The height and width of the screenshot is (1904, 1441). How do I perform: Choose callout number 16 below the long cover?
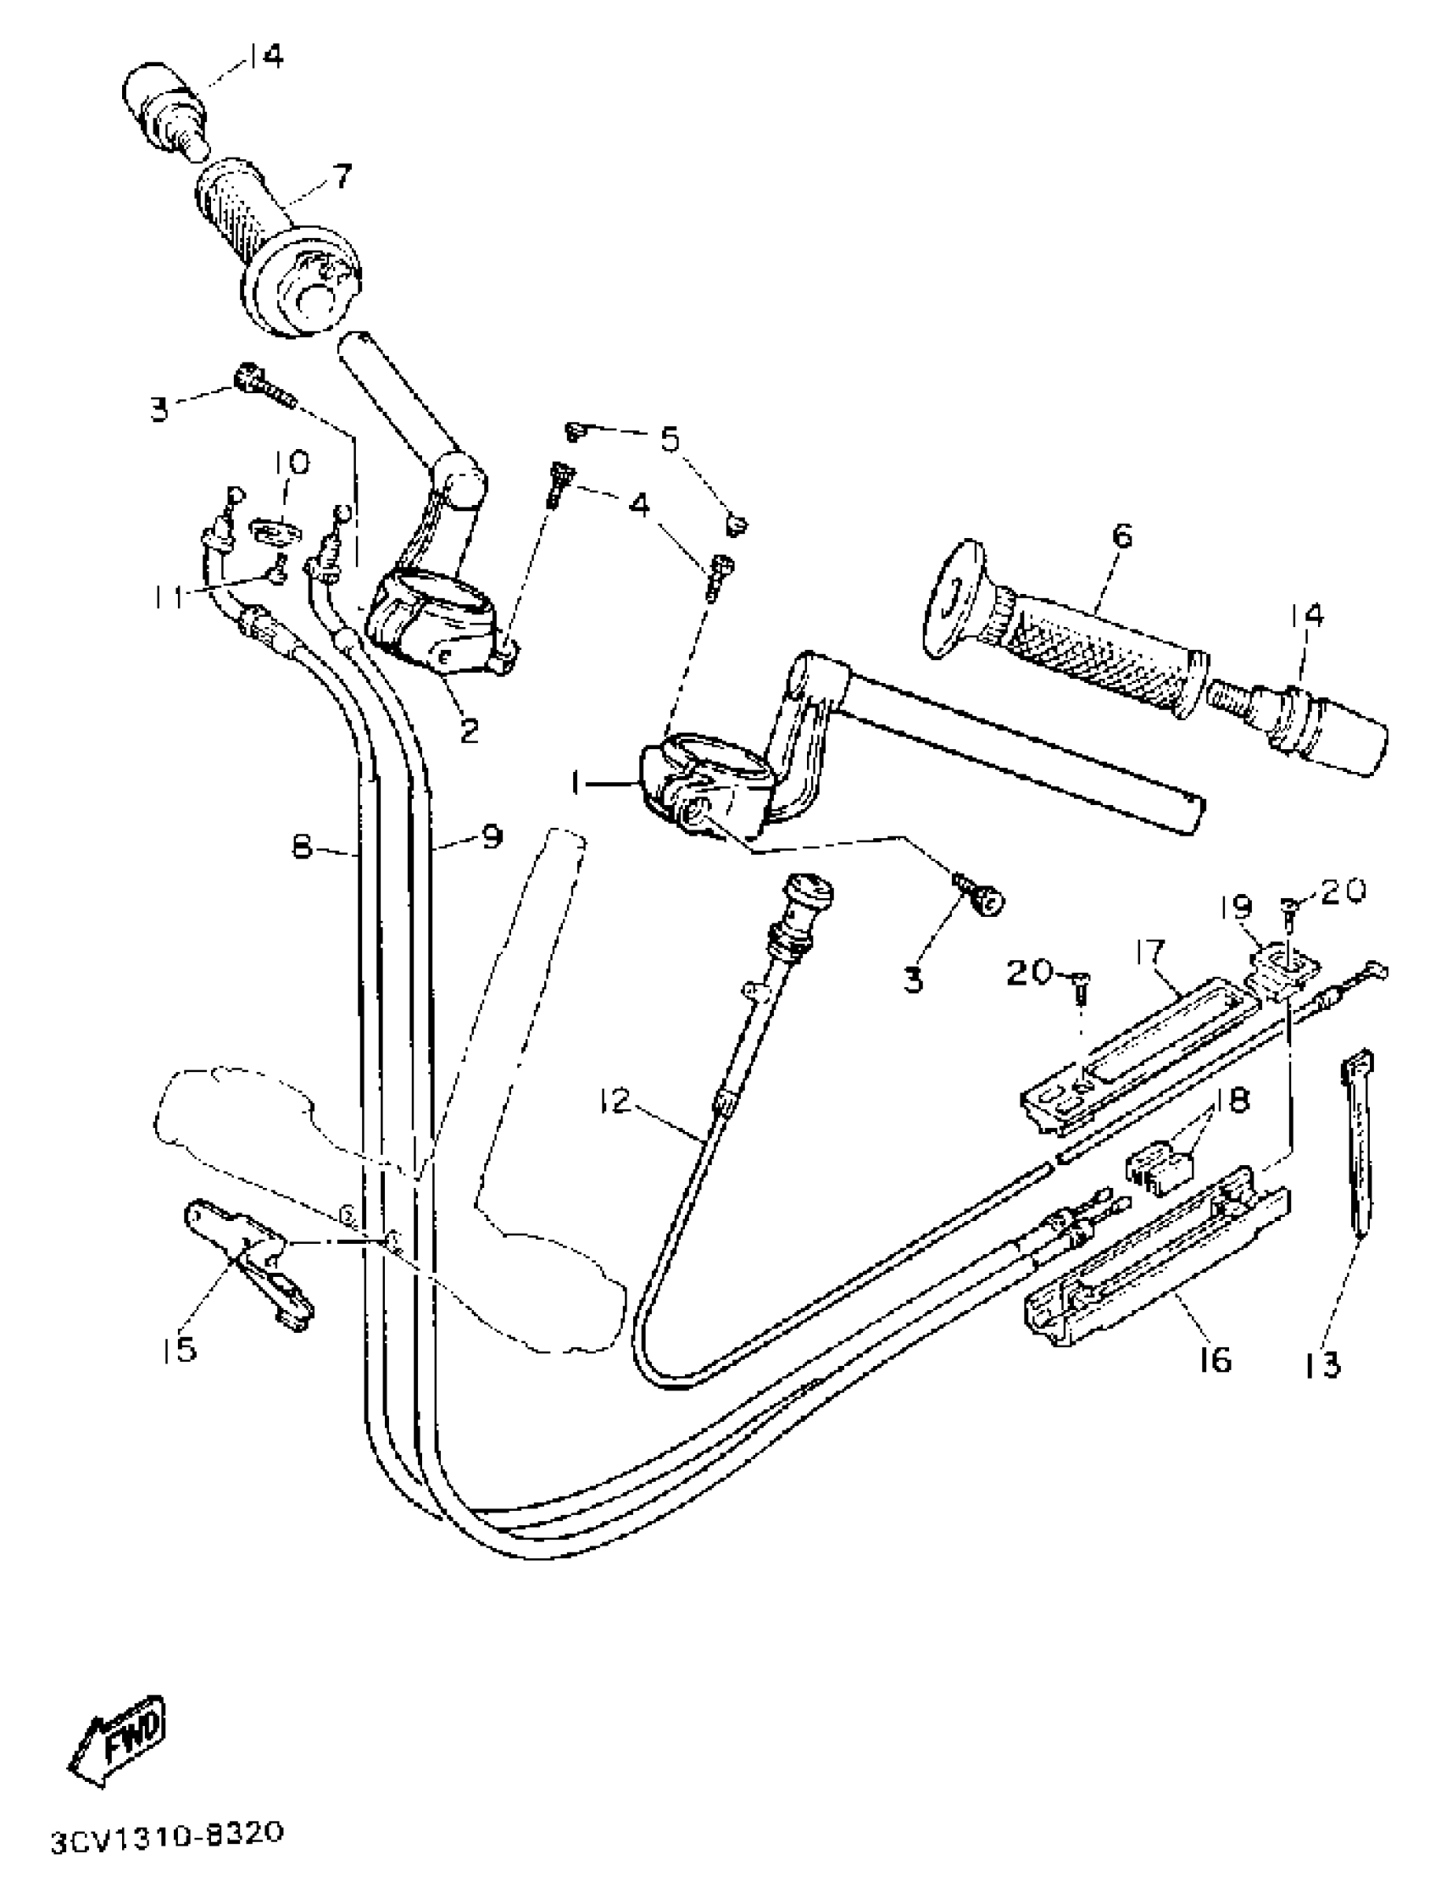pos(1215,1360)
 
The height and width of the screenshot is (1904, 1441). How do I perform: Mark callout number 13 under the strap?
pos(1321,1364)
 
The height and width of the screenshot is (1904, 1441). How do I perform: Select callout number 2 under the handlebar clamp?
pos(468,730)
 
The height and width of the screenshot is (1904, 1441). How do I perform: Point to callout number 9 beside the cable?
pos(491,836)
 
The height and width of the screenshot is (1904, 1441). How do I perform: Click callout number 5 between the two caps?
pos(670,438)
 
